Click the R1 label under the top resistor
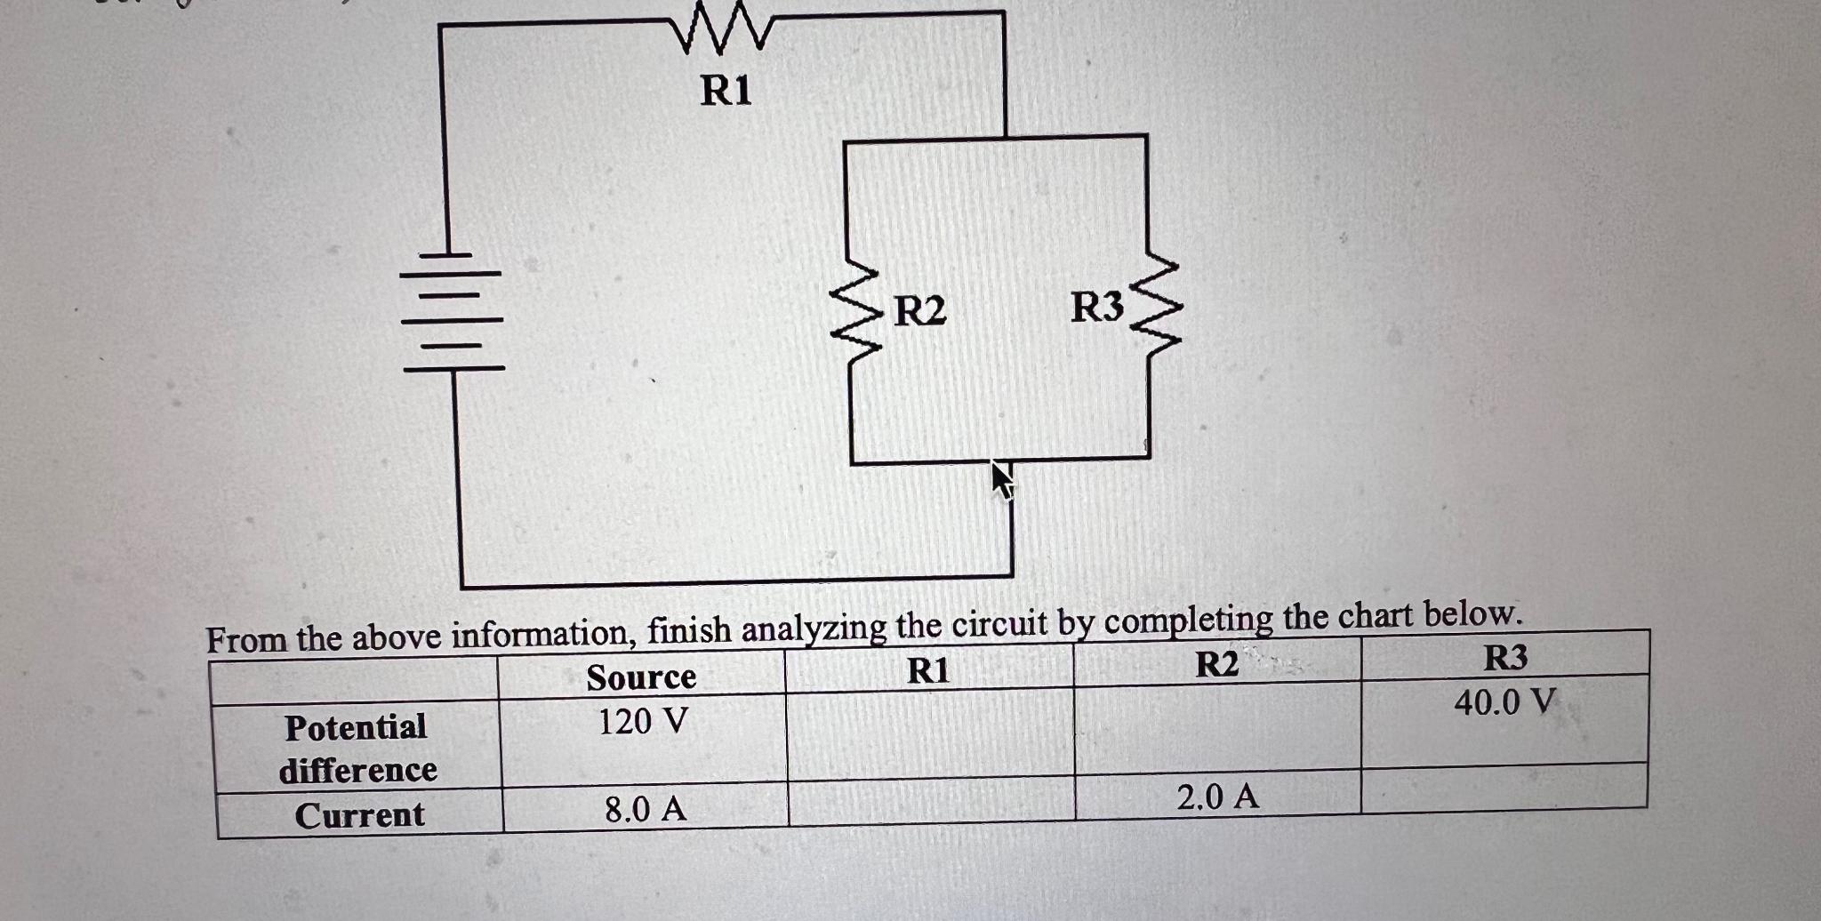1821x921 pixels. pos(726,91)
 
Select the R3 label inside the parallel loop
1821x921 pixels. pos(1097,308)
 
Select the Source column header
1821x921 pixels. pos(641,677)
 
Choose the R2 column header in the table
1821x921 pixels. pos(1216,664)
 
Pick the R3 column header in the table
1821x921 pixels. pos(1505,658)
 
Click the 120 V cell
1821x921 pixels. pos(642,721)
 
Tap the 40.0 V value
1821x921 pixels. pos(1504,702)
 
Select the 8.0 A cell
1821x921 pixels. pos(646,809)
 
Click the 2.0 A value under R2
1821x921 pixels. pos(1217,797)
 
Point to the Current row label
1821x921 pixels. pos(359,815)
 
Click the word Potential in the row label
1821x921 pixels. pos(356,727)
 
